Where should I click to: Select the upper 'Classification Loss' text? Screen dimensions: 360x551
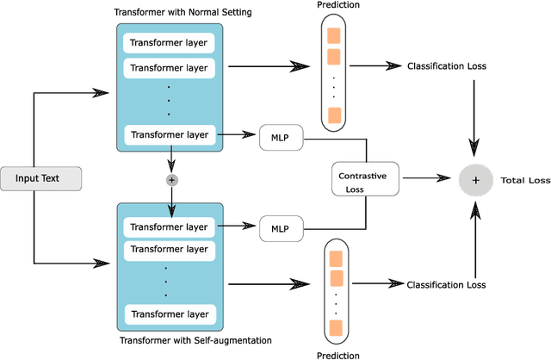click(446, 65)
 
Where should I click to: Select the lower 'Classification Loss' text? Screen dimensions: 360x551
click(446, 284)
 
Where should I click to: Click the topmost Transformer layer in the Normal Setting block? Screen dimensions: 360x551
click(168, 42)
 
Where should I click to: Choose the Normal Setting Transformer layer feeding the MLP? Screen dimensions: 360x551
click(168, 134)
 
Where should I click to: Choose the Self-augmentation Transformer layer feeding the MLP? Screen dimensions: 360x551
click(168, 227)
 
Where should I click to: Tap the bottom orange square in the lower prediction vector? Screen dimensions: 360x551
click(335, 327)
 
